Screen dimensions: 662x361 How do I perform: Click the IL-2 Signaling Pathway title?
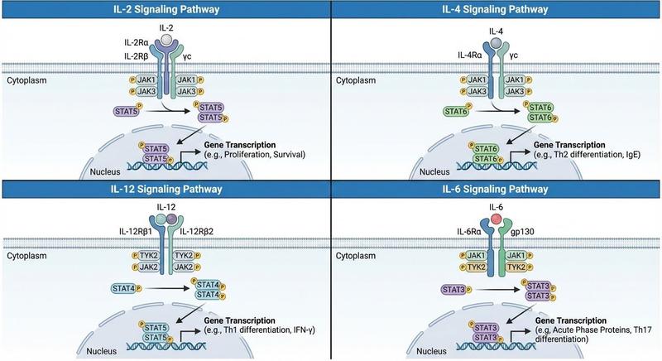tap(166, 9)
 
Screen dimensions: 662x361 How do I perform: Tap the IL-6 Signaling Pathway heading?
tap(495, 189)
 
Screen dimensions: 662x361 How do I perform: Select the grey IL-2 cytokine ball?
tap(166, 40)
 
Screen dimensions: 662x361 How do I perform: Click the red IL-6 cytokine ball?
tap(496, 219)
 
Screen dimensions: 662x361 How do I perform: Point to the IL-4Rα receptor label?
tap(470, 55)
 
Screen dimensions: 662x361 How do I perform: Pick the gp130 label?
tap(522, 231)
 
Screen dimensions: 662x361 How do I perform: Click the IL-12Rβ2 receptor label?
tap(197, 231)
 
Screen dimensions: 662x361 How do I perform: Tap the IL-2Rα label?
tap(137, 42)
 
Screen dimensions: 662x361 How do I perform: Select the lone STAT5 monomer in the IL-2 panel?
tap(127, 112)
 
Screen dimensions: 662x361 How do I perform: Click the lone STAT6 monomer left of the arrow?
tap(456, 112)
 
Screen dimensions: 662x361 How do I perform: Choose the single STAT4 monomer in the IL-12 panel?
tap(123, 288)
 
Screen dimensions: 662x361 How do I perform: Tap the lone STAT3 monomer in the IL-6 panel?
tap(453, 290)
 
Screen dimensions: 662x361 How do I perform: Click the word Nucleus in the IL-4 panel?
tap(434, 172)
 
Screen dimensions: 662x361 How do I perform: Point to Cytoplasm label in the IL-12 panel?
tap(26, 256)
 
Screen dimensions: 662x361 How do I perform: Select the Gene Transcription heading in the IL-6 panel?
tap(571, 320)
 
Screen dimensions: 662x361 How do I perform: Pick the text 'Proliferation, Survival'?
tap(264, 155)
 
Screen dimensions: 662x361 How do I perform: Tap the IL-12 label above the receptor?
tap(166, 207)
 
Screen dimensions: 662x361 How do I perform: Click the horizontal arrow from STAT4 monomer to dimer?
tap(167, 289)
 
